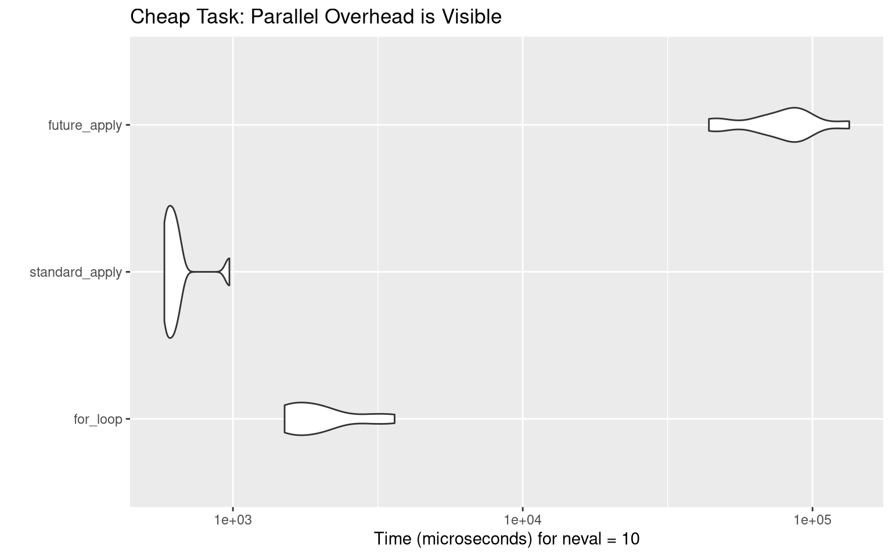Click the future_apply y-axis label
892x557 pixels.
click(x=85, y=125)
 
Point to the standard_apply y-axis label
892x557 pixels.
click(x=75, y=272)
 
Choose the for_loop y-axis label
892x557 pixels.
click(x=98, y=419)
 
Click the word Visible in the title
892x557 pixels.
click(x=472, y=17)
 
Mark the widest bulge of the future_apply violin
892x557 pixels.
click(x=794, y=125)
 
